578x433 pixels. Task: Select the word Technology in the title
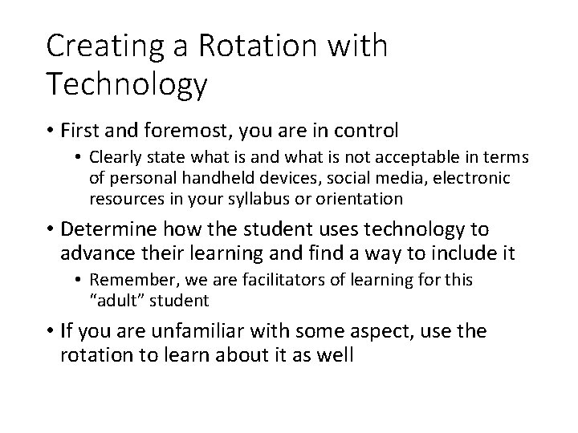click(x=127, y=83)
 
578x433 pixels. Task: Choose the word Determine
click(x=108, y=229)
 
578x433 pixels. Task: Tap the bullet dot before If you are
click(x=51, y=330)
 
